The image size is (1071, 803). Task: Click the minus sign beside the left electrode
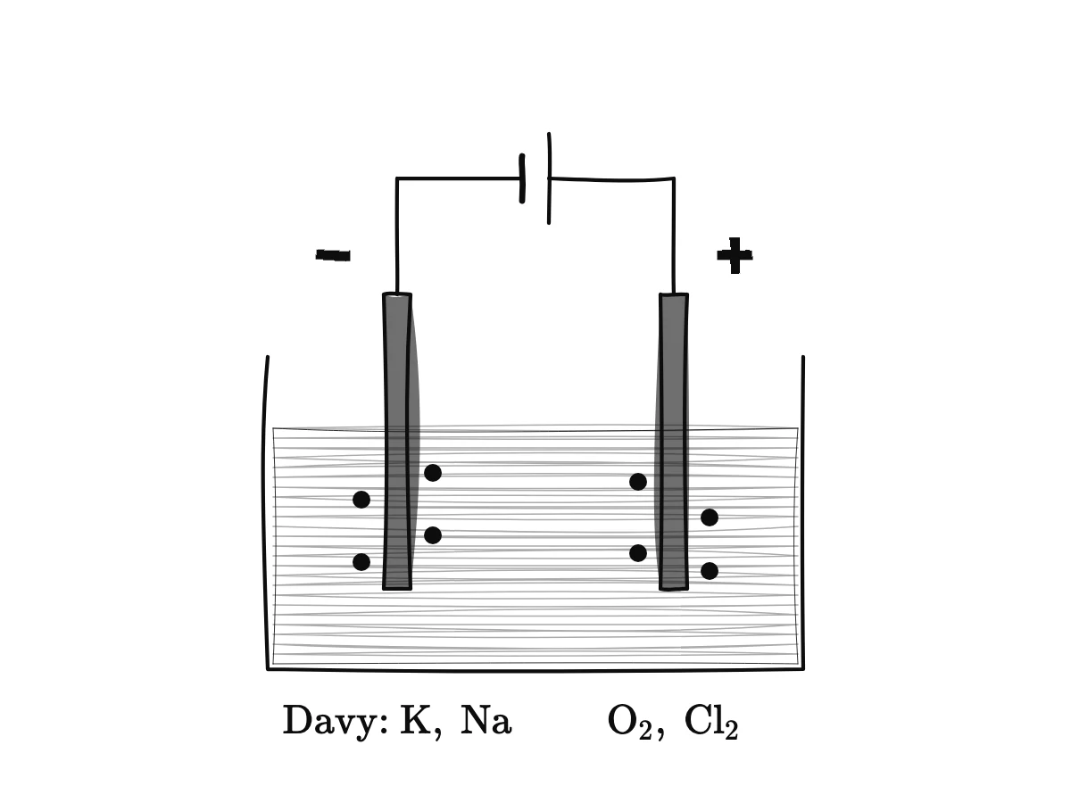pos(333,254)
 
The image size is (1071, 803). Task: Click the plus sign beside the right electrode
pos(735,255)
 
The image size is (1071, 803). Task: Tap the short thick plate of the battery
pos(522,178)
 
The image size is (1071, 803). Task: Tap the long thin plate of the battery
pos(549,178)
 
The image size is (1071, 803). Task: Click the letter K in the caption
pos(416,720)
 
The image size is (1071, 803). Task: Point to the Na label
pos(486,720)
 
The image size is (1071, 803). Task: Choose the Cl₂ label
pos(711,723)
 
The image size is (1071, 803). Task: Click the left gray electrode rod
pos(397,442)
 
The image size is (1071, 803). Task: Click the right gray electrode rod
pos(673,442)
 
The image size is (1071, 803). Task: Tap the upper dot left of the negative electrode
pos(361,500)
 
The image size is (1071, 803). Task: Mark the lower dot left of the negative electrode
pos(361,562)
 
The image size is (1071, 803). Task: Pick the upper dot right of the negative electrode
pos(433,473)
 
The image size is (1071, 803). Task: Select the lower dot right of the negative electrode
pos(433,535)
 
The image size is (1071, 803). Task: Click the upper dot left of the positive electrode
pos(638,482)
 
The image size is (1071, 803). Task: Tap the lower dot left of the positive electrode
pos(638,553)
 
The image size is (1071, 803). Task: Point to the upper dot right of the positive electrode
pos(710,517)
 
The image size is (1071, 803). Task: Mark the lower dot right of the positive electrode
pos(710,570)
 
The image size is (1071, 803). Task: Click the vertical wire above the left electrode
pos(396,236)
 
